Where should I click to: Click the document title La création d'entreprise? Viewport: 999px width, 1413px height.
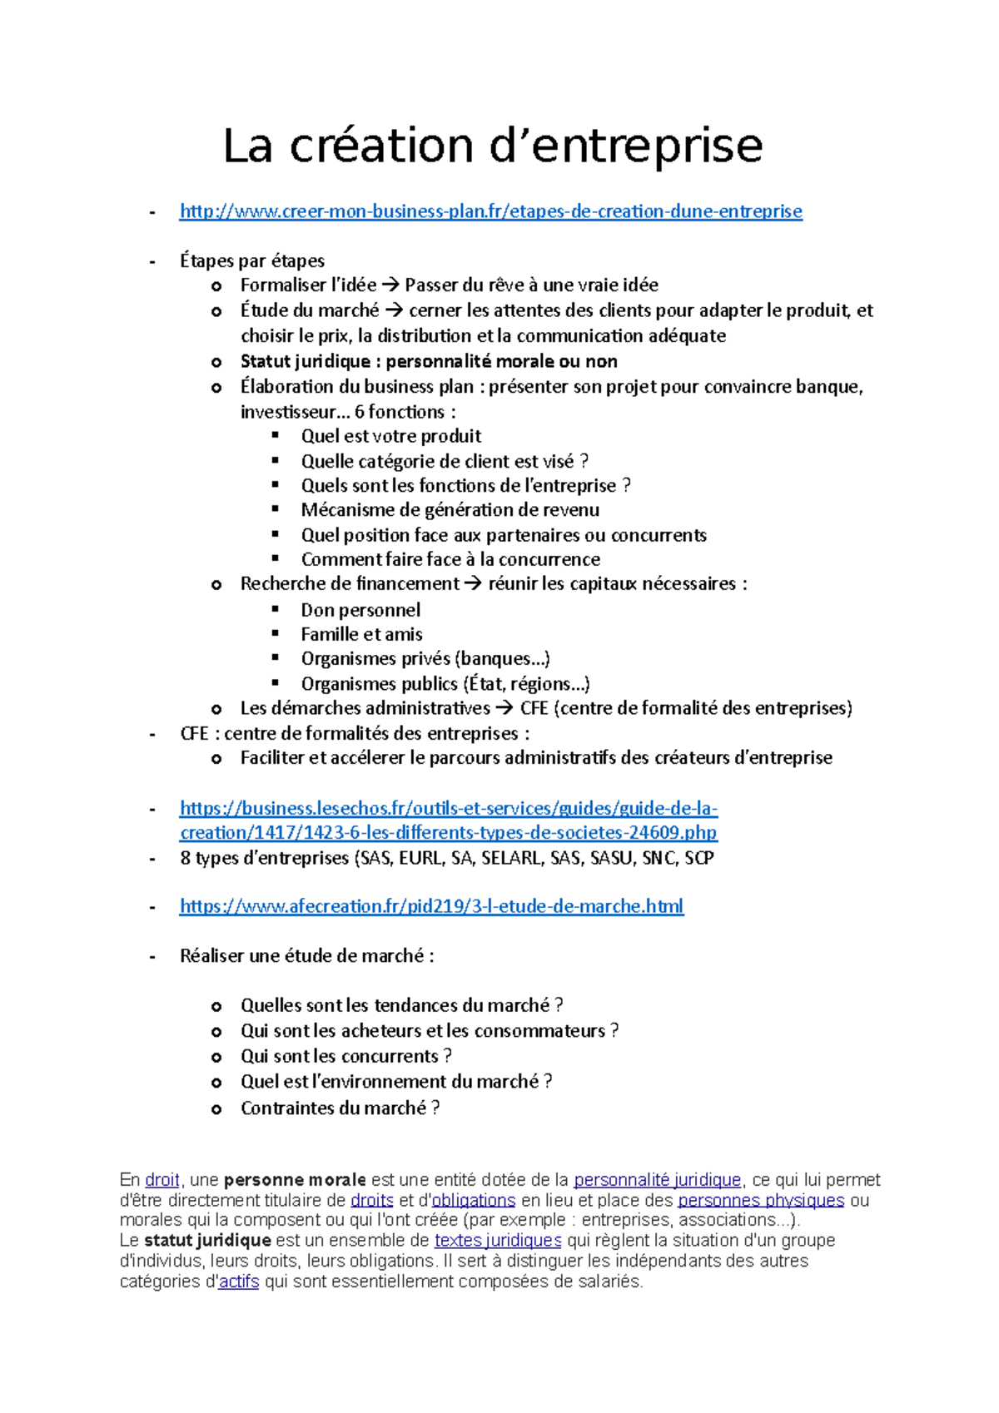coord(492,146)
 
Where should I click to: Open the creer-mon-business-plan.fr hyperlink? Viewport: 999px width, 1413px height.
coord(490,211)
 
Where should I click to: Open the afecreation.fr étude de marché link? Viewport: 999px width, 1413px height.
coord(431,906)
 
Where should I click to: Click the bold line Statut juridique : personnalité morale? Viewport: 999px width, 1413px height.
coord(428,361)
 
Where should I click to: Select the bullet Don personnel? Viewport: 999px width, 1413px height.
coord(360,610)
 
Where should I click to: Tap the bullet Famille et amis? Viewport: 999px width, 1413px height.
coord(361,634)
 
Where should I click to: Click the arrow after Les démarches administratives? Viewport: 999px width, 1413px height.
coord(504,709)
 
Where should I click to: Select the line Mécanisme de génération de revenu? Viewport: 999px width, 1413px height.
coord(450,509)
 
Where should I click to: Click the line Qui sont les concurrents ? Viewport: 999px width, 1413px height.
coord(345,1056)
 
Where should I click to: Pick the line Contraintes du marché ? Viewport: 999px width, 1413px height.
coord(340,1108)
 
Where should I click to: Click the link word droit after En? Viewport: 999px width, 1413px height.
coord(162,1180)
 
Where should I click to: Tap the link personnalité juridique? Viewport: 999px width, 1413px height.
coord(657,1180)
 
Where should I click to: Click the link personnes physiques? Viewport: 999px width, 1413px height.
coord(760,1200)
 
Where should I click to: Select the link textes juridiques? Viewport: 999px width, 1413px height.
coord(497,1241)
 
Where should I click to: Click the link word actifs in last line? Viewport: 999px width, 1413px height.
coord(238,1282)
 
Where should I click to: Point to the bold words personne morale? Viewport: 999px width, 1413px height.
coord(295,1180)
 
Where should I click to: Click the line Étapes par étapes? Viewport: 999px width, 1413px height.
coord(251,261)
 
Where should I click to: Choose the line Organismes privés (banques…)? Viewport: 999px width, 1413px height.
coord(425,659)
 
